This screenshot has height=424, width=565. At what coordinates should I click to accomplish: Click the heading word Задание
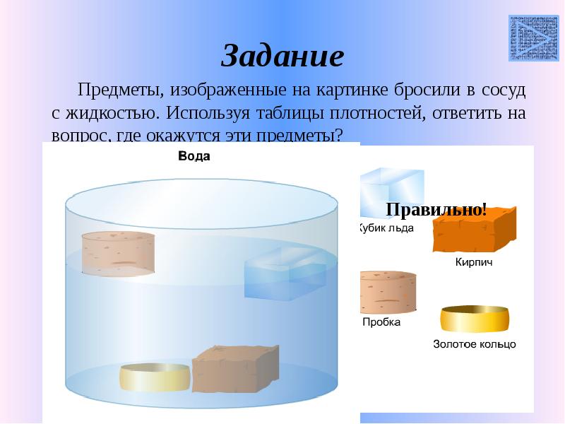pyautogui.click(x=282, y=56)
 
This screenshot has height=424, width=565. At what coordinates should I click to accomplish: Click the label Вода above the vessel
pyautogui.click(x=194, y=156)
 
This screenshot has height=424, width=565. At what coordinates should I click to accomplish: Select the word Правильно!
pyautogui.click(x=436, y=209)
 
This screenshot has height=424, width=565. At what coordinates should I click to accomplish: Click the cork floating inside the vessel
pyautogui.click(x=118, y=252)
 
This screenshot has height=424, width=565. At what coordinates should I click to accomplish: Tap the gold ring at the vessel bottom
pyautogui.click(x=154, y=377)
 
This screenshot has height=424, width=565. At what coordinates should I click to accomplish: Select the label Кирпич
pyautogui.click(x=472, y=262)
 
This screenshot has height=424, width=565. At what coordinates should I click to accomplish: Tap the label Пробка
pyautogui.click(x=381, y=322)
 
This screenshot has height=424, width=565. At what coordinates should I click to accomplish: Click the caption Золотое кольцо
pyautogui.click(x=474, y=345)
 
